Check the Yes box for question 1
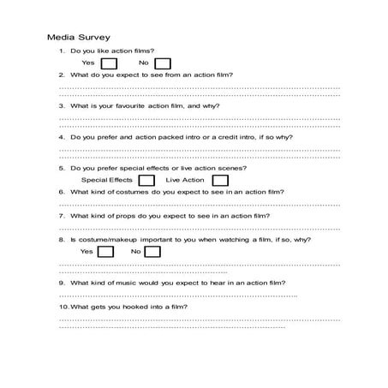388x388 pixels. pyautogui.click(x=109, y=63)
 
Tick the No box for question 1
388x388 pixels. pyautogui.click(x=163, y=63)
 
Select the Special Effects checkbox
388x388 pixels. pyautogui.click(x=147, y=181)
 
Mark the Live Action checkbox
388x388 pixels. pyautogui.click(x=220, y=181)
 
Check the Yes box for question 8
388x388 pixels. pyautogui.click(x=106, y=252)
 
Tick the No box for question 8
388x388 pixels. pyautogui.click(x=155, y=252)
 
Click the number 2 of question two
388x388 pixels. pyautogui.click(x=62, y=75)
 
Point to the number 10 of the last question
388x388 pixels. pyautogui.click(x=63, y=307)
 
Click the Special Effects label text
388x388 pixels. pyautogui.click(x=106, y=181)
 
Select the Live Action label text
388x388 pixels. pyautogui.click(x=185, y=181)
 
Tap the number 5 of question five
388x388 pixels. pyautogui.click(x=62, y=168)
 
